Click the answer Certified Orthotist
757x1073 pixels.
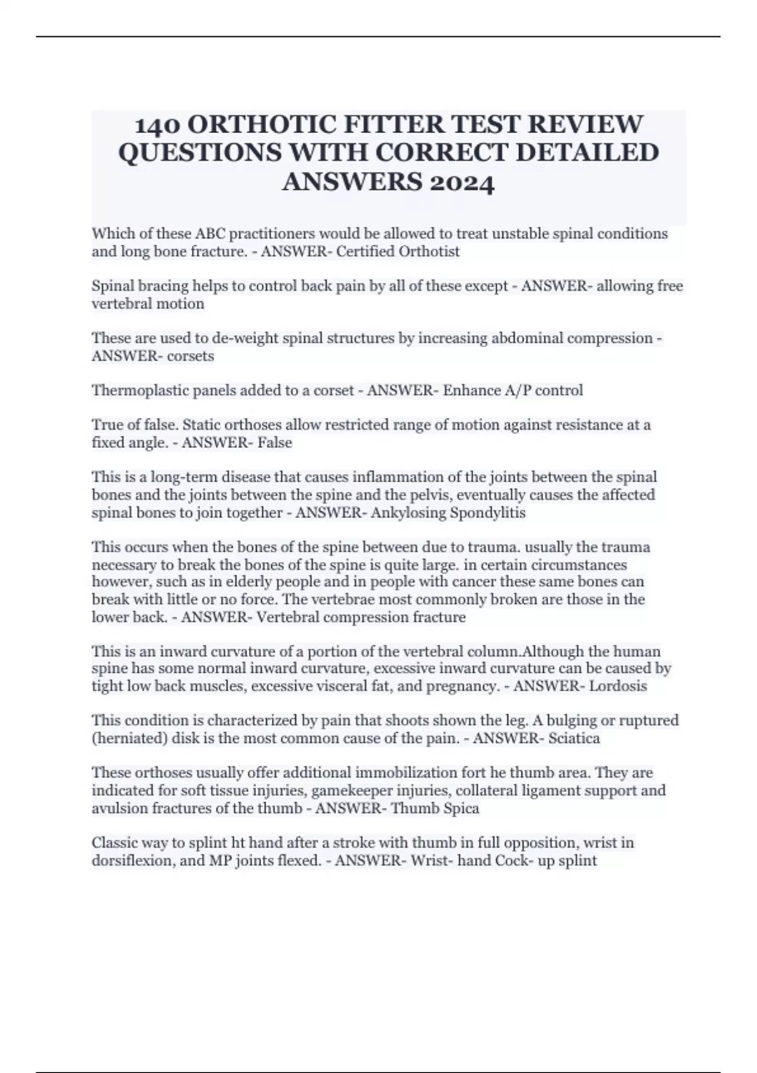point(397,252)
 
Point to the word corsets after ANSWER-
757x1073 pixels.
point(190,356)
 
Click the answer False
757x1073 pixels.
point(274,443)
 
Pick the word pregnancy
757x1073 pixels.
point(462,686)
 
